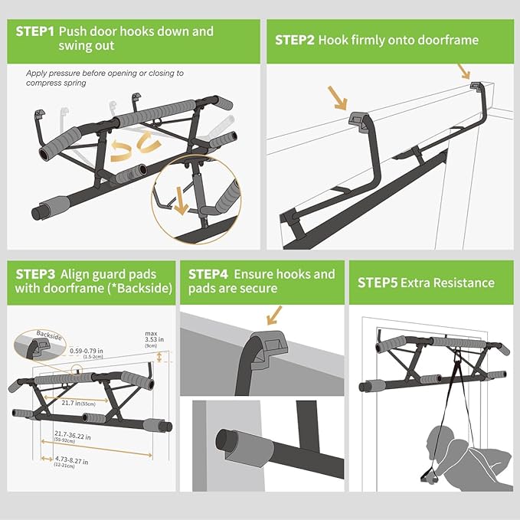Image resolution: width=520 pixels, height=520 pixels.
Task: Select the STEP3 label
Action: tap(35, 273)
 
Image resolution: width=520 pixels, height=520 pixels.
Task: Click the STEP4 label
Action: tap(209, 273)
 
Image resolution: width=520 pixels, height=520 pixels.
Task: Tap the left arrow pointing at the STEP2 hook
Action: tap(336, 98)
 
